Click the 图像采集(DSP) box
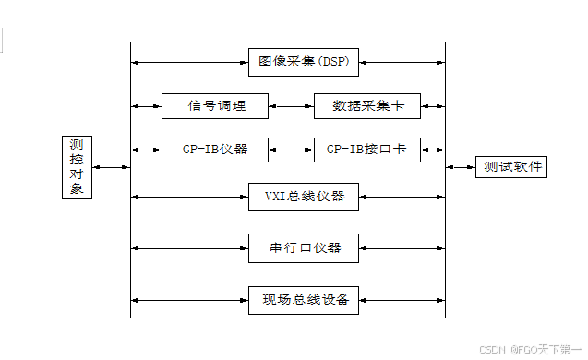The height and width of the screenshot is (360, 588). [x=303, y=62]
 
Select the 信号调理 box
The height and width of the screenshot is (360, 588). [x=216, y=105]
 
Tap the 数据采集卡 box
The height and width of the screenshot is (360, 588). [x=366, y=105]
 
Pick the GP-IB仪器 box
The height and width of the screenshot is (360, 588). [x=216, y=149]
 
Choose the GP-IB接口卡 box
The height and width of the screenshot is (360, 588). [x=366, y=149]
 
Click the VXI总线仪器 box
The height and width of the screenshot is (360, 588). [x=303, y=196]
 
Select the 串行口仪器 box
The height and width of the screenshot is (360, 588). [x=303, y=247]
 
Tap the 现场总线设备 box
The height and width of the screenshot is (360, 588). [x=303, y=300]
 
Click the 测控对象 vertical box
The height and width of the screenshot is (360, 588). [x=78, y=167]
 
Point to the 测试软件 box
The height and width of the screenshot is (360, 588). [x=510, y=167]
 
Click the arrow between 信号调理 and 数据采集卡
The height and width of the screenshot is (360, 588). [x=292, y=105]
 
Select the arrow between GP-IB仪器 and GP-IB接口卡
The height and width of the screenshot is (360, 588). [x=292, y=149]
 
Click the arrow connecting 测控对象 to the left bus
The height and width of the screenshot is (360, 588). [x=112, y=167]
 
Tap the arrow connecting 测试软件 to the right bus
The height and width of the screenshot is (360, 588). [x=461, y=167]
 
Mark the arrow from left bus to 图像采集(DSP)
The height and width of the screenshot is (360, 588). [x=189, y=62]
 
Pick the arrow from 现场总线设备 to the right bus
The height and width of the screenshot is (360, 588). [x=402, y=300]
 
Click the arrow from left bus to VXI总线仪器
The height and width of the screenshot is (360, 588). [x=189, y=196]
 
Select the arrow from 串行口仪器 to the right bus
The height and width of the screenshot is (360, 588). [x=402, y=247]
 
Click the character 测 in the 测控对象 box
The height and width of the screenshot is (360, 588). [x=78, y=145]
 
